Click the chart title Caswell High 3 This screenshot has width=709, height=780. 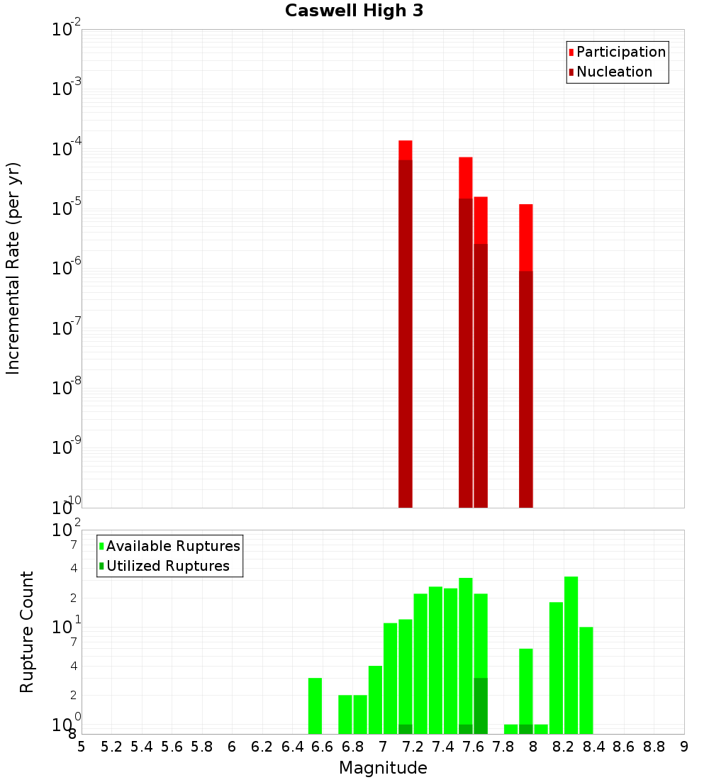[354, 11]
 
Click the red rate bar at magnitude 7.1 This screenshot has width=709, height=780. [406, 150]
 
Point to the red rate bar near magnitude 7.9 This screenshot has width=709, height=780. [525, 238]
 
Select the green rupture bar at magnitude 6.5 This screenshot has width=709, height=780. [315, 706]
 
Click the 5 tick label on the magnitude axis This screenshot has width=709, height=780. [81, 747]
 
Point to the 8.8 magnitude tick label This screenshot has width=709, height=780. [654, 747]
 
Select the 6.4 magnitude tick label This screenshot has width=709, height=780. [292, 747]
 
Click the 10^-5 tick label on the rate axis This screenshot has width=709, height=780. [67, 208]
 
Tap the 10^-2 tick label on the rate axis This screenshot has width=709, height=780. [67, 30]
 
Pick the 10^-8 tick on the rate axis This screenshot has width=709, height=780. [67, 388]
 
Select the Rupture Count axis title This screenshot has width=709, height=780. [27, 632]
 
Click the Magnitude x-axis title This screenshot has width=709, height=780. [383, 767]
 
